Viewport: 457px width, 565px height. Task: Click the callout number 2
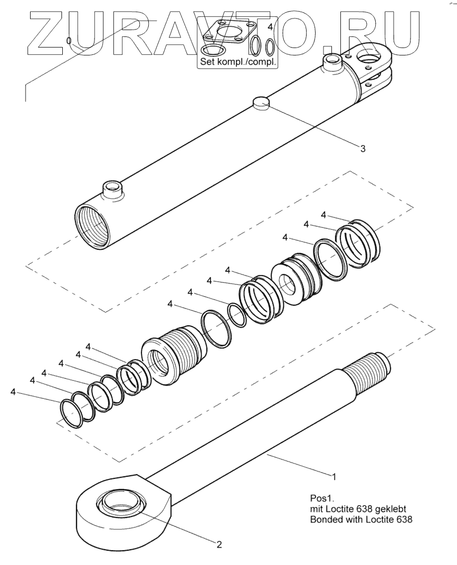(219, 543)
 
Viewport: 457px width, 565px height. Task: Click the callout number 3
(363, 148)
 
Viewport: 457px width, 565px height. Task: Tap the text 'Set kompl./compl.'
(237, 61)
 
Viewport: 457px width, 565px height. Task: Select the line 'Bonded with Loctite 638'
(360, 519)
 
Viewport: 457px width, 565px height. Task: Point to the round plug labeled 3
(261, 102)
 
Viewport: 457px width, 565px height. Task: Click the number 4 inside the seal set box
(270, 26)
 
